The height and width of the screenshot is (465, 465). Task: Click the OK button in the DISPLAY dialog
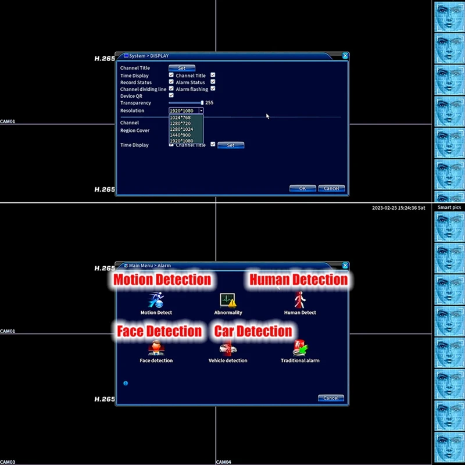(302, 188)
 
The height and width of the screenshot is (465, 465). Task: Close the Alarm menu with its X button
(345, 265)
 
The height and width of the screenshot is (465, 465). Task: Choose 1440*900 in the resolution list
(180, 135)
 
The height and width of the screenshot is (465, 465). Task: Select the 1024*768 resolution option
(180, 117)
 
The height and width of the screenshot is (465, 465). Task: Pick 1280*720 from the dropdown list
(180, 123)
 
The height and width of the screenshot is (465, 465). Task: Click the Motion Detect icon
(156, 300)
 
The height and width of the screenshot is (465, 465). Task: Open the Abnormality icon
(228, 300)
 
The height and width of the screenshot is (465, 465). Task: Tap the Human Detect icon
(300, 300)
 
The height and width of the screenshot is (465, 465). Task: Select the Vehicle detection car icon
(228, 348)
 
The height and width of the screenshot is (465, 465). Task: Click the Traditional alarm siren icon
(300, 348)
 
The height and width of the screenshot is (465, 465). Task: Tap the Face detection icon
(156, 348)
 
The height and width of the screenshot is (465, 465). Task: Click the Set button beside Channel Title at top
(181, 68)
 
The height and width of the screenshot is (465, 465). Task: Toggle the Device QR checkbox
(171, 95)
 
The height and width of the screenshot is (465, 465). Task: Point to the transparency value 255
(209, 103)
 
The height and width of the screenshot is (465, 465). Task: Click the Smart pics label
(449, 208)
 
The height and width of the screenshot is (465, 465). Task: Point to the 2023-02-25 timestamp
(399, 208)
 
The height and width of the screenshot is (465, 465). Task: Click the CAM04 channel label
(224, 462)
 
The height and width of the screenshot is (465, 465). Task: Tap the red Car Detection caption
(253, 331)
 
